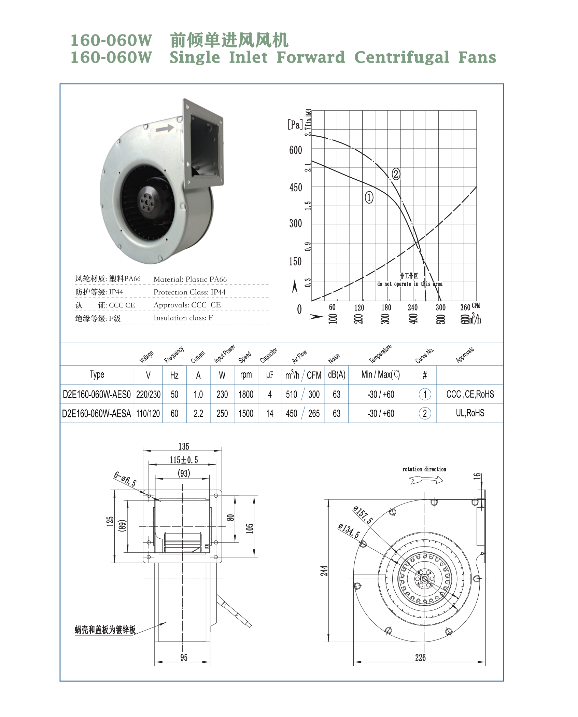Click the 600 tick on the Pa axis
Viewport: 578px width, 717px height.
[x=296, y=150]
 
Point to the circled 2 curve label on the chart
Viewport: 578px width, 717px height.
[x=396, y=174]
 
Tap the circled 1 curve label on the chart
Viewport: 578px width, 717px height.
[x=369, y=197]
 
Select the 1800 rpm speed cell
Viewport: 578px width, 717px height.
[x=246, y=395]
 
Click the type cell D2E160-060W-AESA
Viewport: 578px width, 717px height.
[x=97, y=414]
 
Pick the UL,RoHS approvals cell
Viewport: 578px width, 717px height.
[x=470, y=413]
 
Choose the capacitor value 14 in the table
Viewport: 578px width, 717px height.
[x=270, y=414]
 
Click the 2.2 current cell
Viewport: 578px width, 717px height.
[x=198, y=414]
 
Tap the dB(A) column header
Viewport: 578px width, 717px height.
[x=337, y=375]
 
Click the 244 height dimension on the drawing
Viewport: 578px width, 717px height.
[x=324, y=570]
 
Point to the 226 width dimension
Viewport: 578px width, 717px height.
[x=420, y=658]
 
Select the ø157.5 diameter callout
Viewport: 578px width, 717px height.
[x=363, y=515]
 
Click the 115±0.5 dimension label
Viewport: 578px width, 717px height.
[x=184, y=460]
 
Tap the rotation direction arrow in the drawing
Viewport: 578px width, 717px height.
[x=426, y=480]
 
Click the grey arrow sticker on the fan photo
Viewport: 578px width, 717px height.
[x=165, y=129]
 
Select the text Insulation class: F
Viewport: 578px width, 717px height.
[x=183, y=318]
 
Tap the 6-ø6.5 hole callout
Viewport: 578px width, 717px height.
[x=125, y=479]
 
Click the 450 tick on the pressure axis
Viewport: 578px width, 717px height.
[x=296, y=188]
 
